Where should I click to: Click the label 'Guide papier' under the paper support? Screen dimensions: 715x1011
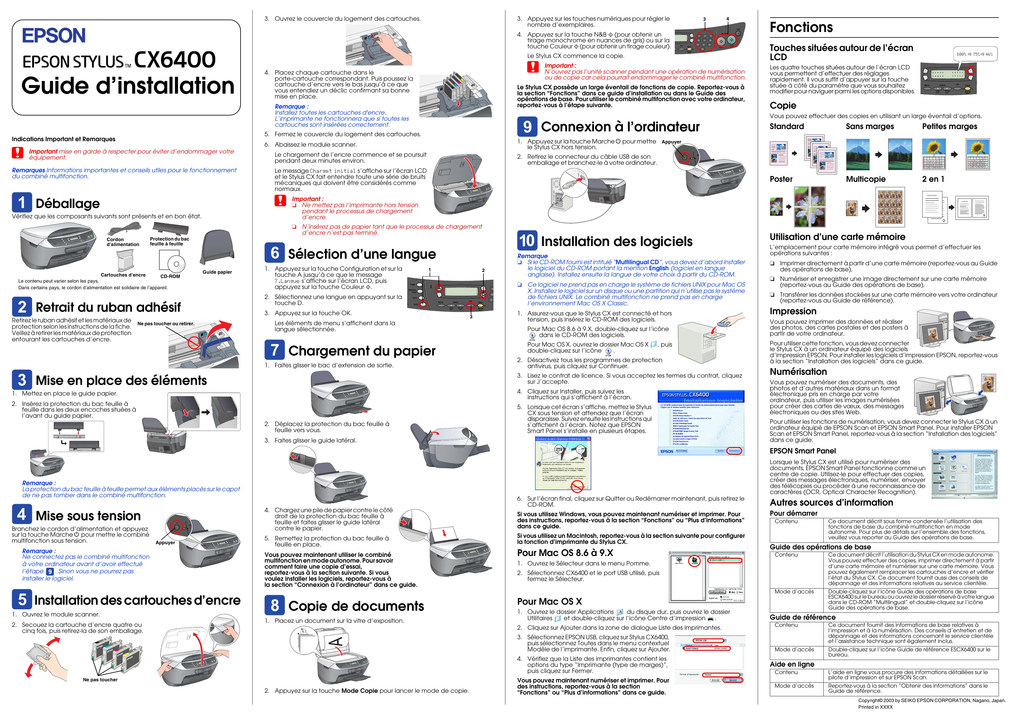pyautogui.click(x=217, y=272)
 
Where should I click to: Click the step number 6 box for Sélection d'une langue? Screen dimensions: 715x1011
pyautogui.click(x=274, y=253)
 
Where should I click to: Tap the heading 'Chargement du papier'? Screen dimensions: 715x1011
pyautogui.click(x=362, y=351)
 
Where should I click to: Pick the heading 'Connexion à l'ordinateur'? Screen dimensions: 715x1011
pyautogui.click(x=620, y=127)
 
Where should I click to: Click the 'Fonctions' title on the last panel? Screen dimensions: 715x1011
pyautogui.click(x=801, y=27)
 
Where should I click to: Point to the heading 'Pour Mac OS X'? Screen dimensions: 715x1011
pyautogui.click(x=549, y=601)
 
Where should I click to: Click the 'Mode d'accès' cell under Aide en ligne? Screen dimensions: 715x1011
pyautogui.click(x=794, y=686)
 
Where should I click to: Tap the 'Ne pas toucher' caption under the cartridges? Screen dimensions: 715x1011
pyautogui.click(x=100, y=680)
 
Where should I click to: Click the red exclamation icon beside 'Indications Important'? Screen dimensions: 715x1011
pyautogui.click(x=18, y=153)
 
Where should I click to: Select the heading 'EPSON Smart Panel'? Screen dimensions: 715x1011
pyautogui.click(x=802, y=451)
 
